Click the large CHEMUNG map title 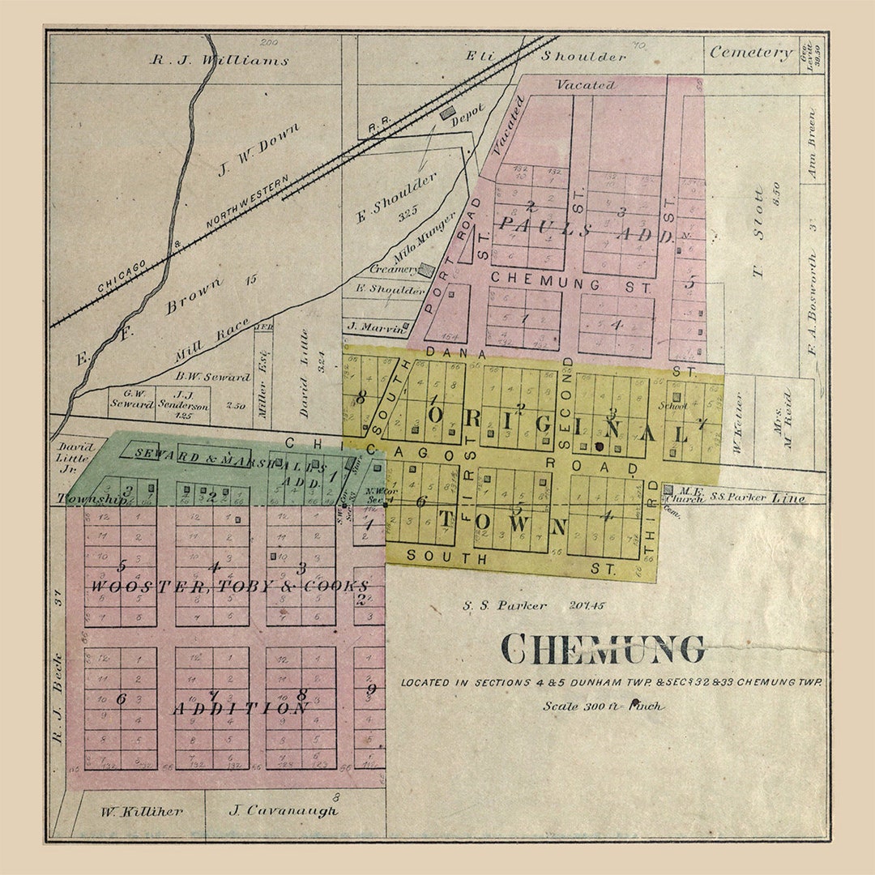click(602, 648)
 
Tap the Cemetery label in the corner click(751, 53)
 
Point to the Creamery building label click(393, 268)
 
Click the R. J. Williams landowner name click(220, 60)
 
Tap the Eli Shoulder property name click(545, 56)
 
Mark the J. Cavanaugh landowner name click(283, 810)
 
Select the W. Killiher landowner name click(142, 810)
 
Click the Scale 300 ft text click(603, 706)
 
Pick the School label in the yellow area click(672, 406)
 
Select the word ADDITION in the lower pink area click(241, 708)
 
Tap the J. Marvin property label click(374, 328)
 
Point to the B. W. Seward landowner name click(213, 377)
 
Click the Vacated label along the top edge click(585, 84)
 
